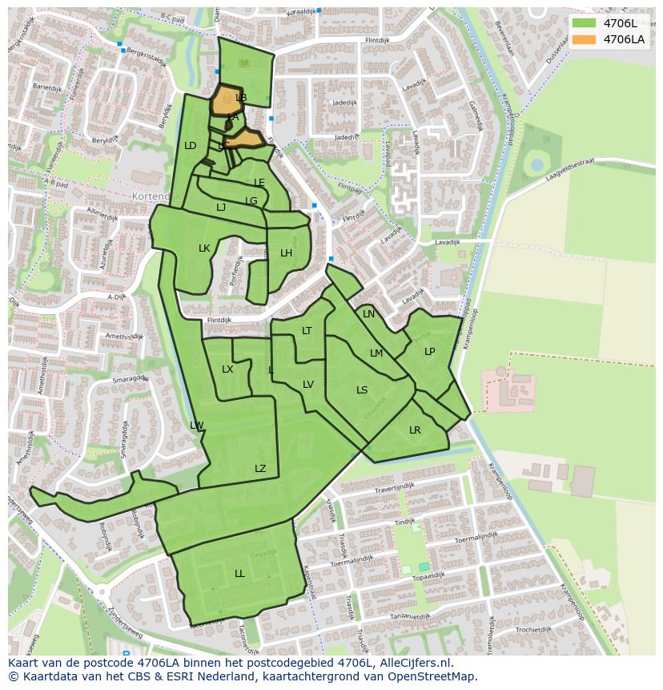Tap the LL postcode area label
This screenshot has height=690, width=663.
[239, 574]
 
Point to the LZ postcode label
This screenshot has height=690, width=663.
[260, 469]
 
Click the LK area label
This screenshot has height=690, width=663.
[204, 248]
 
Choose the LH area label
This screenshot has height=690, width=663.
[286, 253]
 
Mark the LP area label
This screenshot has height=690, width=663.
[430, 352]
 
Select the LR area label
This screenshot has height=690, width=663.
[415, 430]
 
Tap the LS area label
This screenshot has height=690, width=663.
[362, 390]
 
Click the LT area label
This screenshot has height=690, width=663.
[307, 331]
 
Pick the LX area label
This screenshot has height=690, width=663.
[227, 369]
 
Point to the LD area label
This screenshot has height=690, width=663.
[191, 146]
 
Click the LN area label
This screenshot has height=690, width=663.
[368, 314]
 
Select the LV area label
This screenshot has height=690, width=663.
[308, 385]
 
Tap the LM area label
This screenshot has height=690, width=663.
[376, 353]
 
